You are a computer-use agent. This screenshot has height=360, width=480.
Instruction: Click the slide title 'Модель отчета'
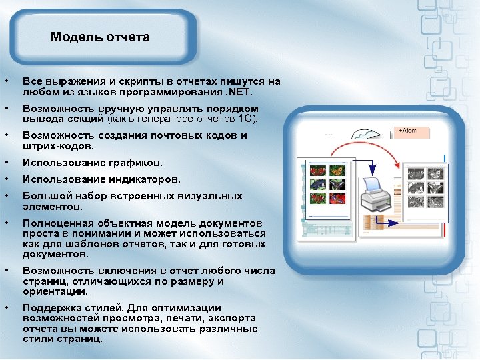(100, 37)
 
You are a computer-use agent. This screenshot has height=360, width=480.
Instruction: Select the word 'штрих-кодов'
(58, 145)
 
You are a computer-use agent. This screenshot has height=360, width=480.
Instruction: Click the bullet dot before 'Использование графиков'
(6, 163)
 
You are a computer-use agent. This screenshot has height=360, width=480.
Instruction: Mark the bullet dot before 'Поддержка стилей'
(6, 308)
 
